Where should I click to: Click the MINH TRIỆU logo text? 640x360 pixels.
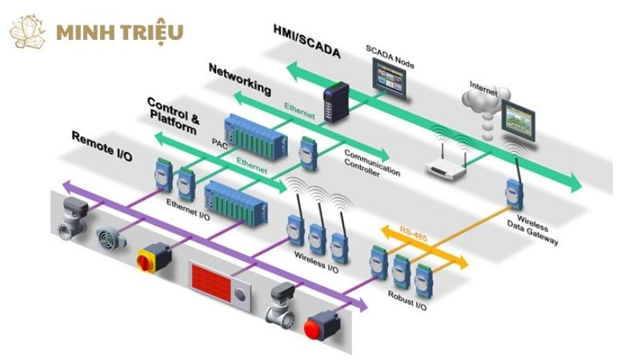120,33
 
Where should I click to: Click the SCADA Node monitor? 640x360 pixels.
391,78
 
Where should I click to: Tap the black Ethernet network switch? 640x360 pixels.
332,103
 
